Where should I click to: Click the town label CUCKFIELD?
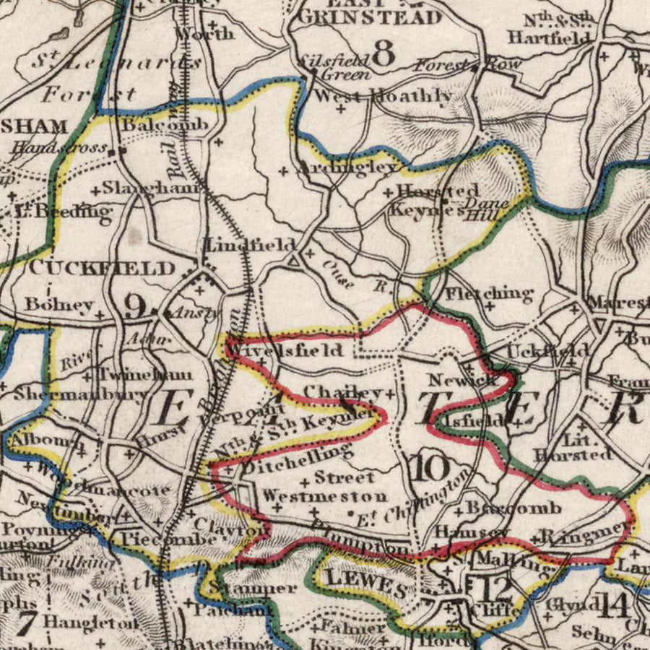pos(102,269)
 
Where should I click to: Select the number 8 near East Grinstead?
pos(385,53)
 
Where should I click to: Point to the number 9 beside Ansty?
pos(134,306)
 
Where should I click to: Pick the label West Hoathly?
pos(384,95)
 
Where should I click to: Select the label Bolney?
pos(58,303)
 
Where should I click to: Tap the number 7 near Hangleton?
pos(27,623)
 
